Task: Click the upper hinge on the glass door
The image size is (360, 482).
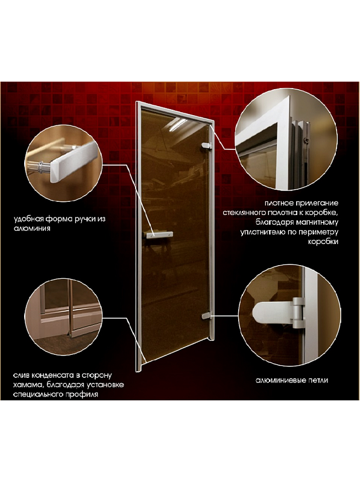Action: (x=206, y=146)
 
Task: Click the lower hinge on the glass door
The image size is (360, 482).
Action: (x=207, y=315)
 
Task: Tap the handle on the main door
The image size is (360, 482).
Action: (x=159, y=235)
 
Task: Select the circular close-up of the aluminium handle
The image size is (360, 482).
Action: (x=63, y=163)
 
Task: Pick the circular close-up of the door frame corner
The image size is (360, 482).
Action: (x=286, y=139)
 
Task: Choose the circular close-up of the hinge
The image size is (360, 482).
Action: (x=289, y=315)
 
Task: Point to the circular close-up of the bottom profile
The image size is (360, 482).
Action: (x=63, y=317)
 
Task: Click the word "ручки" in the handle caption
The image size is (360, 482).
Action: (x=80, y=219)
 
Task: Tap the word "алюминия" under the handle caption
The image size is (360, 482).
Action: (x=32, y=229)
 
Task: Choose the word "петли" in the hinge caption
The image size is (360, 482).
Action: (x=318, y=380)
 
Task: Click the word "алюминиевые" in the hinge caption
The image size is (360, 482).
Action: (x=280, y=380)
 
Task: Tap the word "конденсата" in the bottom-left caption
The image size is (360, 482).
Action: (x=52, y=375)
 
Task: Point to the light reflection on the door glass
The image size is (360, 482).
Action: (x=177, y=124)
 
